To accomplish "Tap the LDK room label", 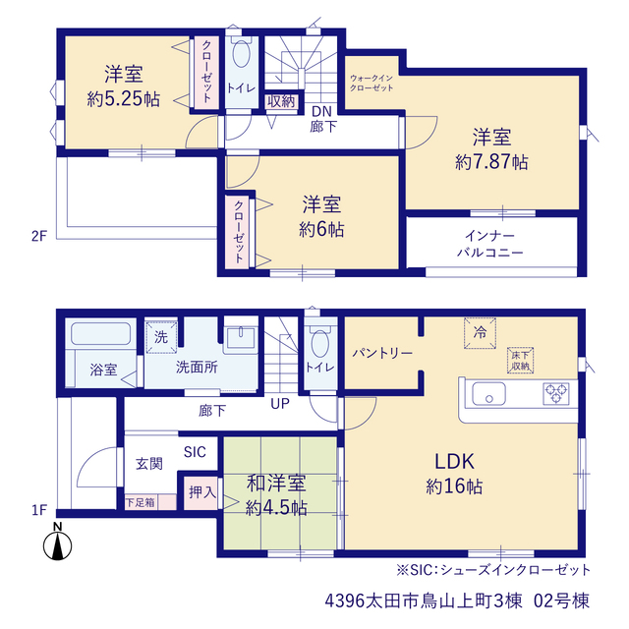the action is click(x=454, y=461).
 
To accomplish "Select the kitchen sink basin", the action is click(x=488, y=393).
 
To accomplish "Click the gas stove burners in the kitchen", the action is click(x=556, y=393).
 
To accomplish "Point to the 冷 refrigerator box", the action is click(x=480, y=333).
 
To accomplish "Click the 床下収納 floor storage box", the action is click(x=520, y=361).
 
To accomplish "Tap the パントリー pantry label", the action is click(x=382, y=354).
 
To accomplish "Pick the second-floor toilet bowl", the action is click(x=242, y=53).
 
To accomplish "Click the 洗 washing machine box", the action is click(x=161, y=337).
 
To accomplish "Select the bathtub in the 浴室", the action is click(x=100, y=334).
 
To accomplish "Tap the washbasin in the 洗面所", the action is click(x=241, y=337).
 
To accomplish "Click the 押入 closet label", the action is click(x=202, y=491).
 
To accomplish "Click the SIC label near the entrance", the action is click(x=195, y=452).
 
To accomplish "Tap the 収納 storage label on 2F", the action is click(x=281, y=101).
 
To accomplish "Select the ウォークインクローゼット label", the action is click(x=372, y=83).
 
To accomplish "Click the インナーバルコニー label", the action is click(x=490, y=244).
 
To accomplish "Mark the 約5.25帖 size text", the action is click(x=124, y=99).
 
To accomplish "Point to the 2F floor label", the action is click(x=39, y=236).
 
